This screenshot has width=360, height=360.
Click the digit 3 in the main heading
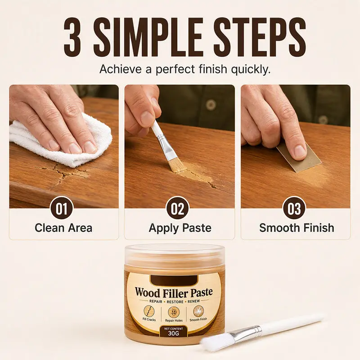pos(72,37)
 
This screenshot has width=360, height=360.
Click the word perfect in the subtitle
pos(175,69)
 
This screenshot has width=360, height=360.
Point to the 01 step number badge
pos(61,208)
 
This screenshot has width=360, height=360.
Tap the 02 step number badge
pos(177,208)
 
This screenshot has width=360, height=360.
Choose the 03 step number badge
pos(294,208)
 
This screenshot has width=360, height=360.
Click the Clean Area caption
pos(63,228)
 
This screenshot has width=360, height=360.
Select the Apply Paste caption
pos(180,228)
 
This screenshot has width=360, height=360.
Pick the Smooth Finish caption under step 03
pos(297,228)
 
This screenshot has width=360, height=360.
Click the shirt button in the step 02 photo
pos(211,105)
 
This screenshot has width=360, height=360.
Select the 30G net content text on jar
pos(173,333)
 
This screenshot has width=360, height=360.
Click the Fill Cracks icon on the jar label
pos(149,311)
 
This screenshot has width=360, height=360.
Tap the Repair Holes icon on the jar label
pos(174,312)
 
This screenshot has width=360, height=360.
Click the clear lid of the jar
pos(175,254)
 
